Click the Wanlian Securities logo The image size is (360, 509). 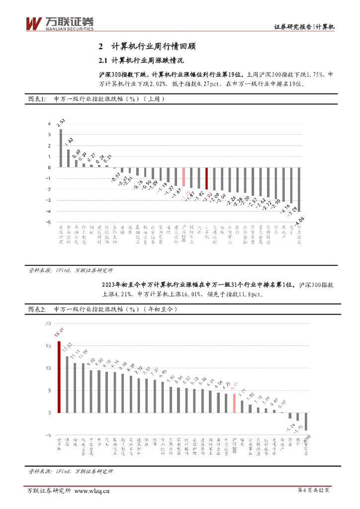59,23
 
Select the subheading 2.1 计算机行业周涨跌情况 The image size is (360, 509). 141,61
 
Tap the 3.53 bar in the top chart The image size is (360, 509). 61,148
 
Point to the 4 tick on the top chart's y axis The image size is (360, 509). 49,123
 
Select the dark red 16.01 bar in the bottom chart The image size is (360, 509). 59,377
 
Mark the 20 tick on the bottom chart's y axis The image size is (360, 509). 48,323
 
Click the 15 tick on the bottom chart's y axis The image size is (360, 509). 48,345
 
